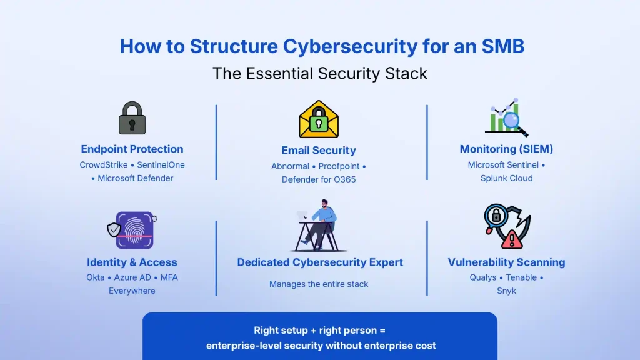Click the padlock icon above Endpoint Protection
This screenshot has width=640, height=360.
(x=132, y=118)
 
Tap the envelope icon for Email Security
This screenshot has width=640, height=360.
(x=319, y=119)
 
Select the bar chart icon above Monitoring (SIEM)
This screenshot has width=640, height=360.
(x=506, y=117)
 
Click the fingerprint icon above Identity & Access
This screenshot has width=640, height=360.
(x=134, y=230)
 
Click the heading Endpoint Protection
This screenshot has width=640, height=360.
(x=132, y=149)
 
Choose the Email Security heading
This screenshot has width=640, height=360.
(x=319, y=150)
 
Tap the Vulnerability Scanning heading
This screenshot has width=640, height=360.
(x=506, y=262)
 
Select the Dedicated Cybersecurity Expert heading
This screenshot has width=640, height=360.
(x=320, y=262)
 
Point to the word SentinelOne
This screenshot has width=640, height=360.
(x=161, y=165)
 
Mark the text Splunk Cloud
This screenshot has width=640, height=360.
(x=506, y=178)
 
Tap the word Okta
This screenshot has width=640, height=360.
(x=96, y=277)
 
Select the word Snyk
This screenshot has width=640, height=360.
(x=506, y=291)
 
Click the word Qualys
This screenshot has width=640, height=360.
(x=484, y=277)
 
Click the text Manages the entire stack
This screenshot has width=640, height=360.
(x=319, y=284)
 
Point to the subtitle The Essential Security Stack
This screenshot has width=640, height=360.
(x=320, y=73)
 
